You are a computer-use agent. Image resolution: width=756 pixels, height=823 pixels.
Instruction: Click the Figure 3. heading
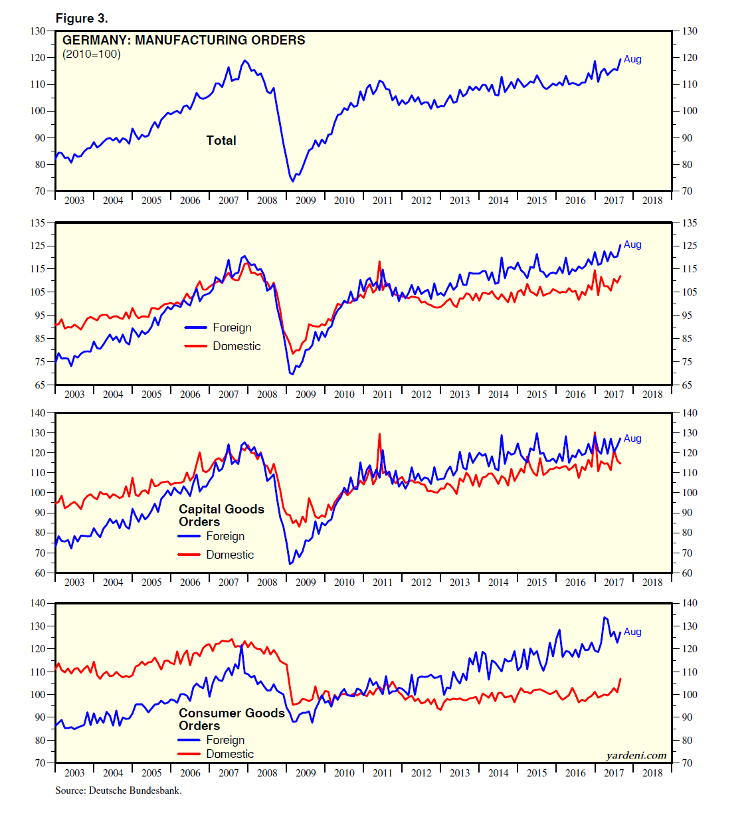pyautogui.click(x=82, y=18)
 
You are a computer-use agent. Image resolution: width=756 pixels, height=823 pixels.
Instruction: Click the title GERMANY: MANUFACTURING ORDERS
pyautogui.click(x=183, y=40)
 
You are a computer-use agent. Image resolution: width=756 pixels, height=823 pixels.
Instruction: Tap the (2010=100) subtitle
pyautogui.click(x=92, y=54)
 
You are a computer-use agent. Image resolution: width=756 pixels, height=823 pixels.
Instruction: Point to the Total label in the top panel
pyautogui.click(x=221, y=140)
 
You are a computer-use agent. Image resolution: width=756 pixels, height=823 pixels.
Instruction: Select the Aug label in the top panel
pyautogui.click(x=632, y=59)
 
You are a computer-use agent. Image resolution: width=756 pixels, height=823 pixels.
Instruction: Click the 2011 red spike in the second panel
pyautogui.click(x=379, y=262)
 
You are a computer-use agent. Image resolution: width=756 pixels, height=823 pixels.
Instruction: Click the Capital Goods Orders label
pyautogui.click(x=221, y=515)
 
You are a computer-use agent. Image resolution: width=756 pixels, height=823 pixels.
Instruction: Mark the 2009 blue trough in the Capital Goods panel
pyautogui.click(x=290, y=563)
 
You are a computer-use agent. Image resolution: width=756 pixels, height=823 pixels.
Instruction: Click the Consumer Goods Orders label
pyautogui.click(x=231, y=719)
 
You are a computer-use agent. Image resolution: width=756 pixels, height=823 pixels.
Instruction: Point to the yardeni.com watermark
pyautogui.click(x=636, y=755)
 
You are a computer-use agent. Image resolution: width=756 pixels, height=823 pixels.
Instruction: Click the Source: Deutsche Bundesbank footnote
pyautogui.click(x=118, y=790)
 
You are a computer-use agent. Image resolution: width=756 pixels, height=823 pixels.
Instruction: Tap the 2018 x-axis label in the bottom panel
pyautogui.click(x=652, y=773)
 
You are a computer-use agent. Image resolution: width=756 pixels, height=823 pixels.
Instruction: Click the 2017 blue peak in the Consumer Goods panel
pyautogui.click(x=605, y=618)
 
